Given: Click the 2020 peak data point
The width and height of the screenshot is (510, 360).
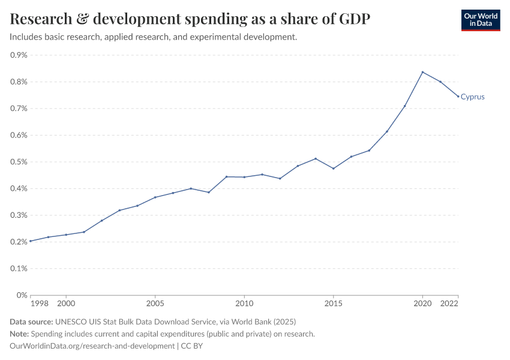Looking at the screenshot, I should tap(422, 72).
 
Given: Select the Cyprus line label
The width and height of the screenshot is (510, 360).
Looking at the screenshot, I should tap(472, 97).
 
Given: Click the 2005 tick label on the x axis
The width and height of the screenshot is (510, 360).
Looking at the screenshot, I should tap(155, 304).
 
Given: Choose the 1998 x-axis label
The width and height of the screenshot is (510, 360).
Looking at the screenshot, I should tap(40, 304).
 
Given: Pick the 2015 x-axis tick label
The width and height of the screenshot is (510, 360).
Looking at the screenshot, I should tap(334, 304).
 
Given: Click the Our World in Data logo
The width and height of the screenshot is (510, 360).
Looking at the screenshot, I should tap(480, 20).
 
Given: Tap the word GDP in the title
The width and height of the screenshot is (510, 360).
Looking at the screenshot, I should tap(353, 19).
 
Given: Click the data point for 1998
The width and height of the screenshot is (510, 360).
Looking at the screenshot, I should tap(31, 241).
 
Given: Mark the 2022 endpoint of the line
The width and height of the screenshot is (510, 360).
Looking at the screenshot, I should tap(458, 97).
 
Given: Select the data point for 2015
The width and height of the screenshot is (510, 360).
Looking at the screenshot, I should tap(334, 168).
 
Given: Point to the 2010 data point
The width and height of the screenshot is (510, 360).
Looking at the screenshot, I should tap(244, 177).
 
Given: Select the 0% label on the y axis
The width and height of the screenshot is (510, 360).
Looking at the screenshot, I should tap(22, 295).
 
